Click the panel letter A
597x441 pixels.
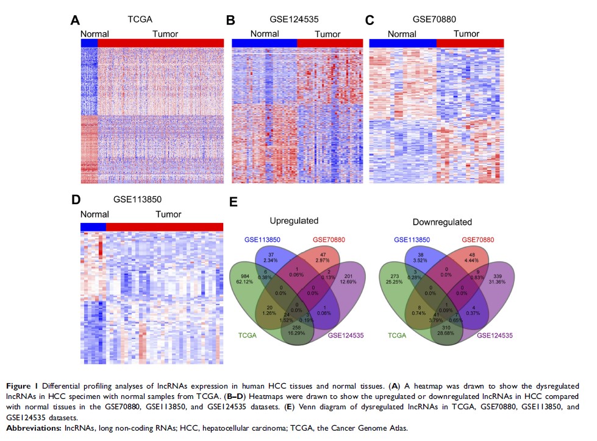[75, 21]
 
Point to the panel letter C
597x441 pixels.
[369, 21]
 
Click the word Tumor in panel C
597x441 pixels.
[467, 34]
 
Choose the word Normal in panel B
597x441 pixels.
[265, 34]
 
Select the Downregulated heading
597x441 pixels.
[441, 222]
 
